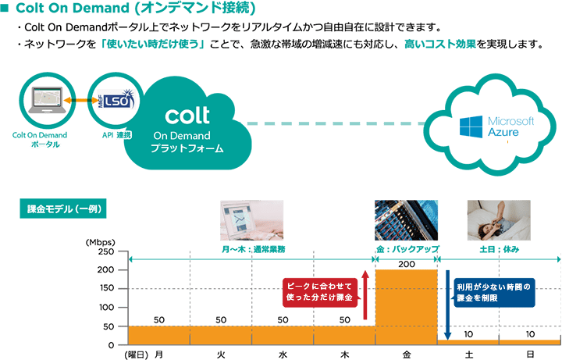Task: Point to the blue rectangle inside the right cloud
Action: pos(496,126)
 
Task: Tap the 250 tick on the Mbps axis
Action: pos(105,252)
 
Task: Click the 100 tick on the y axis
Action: pos(105,308)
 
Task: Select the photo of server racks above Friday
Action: pos(406,220)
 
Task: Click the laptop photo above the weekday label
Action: pos(252,220)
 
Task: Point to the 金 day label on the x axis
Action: pos(407,354)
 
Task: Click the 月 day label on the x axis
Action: pos(159,354)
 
